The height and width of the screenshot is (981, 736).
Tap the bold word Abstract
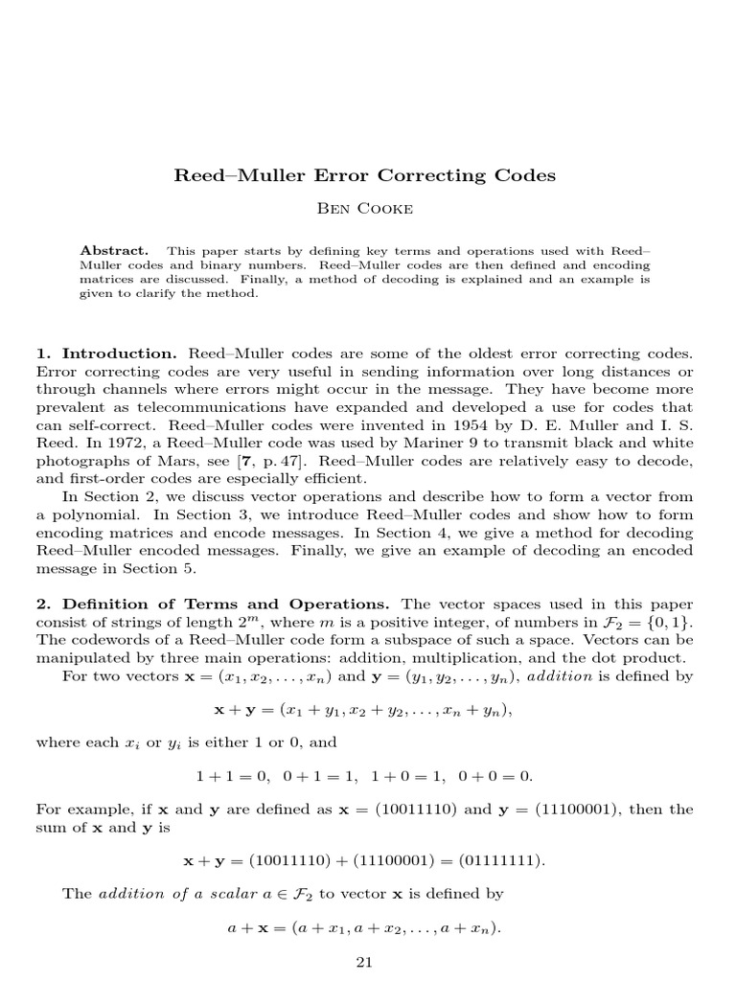(114, 250)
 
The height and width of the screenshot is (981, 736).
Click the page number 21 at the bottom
(364, 962)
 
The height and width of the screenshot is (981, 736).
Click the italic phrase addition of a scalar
(161, 894)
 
